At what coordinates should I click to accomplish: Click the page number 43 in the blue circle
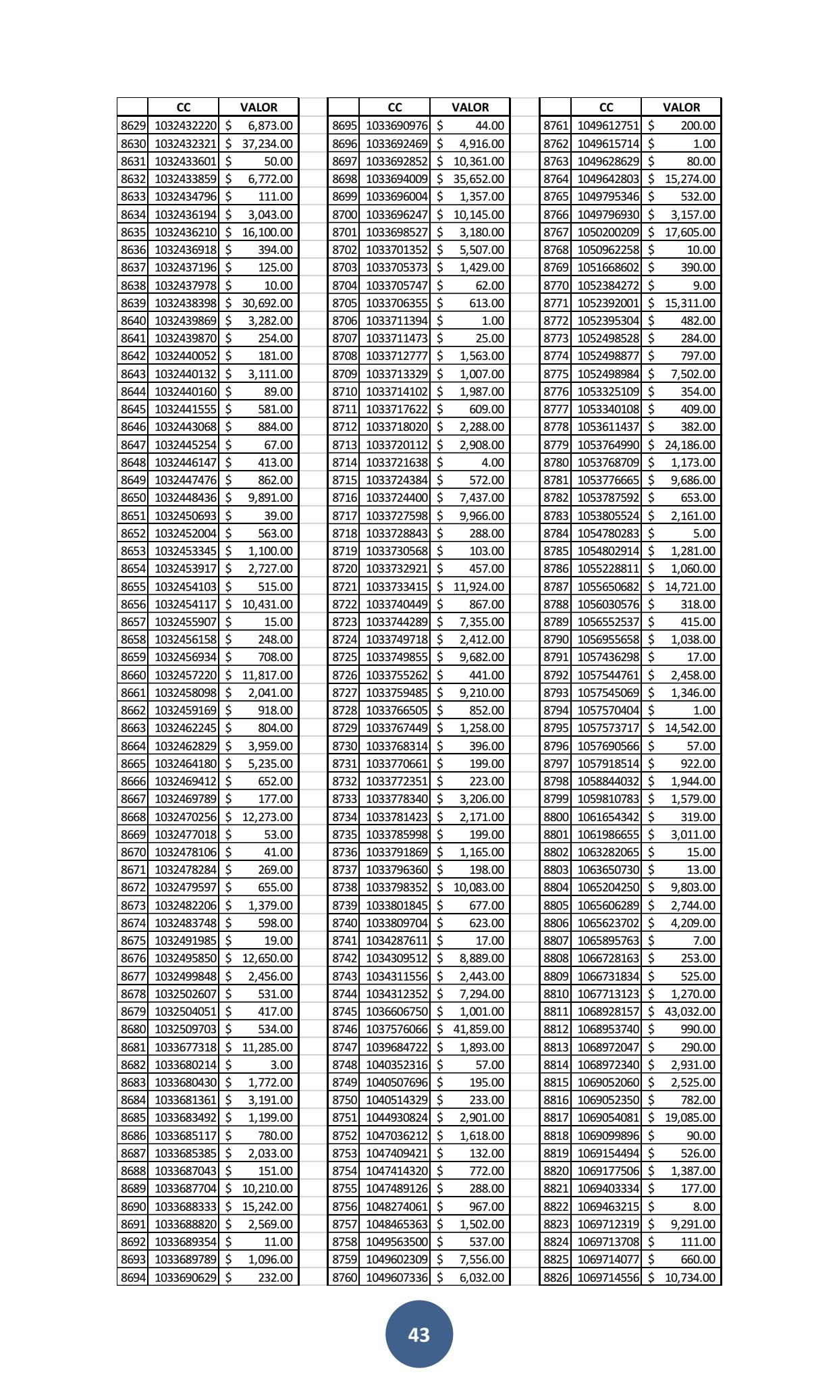coord(418,1334)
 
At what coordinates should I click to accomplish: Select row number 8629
coord(133,126)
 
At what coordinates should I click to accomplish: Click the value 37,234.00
coord(267,144)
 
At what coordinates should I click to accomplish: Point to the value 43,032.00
coord(690,1012)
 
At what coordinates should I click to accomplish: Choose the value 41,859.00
coord(479,1029)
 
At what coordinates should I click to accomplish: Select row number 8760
coord(344,1277)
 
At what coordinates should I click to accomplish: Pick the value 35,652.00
coord(479,179)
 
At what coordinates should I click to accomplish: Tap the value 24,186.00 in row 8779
coord(690,444)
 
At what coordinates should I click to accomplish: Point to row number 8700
coord(344,215)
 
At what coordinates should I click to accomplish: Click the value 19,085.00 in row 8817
coord(690,1118)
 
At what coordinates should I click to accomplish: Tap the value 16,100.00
coord(267,232)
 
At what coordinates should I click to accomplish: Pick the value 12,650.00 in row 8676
coord(267,958)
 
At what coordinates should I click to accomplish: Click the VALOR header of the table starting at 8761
coord(681,107)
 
